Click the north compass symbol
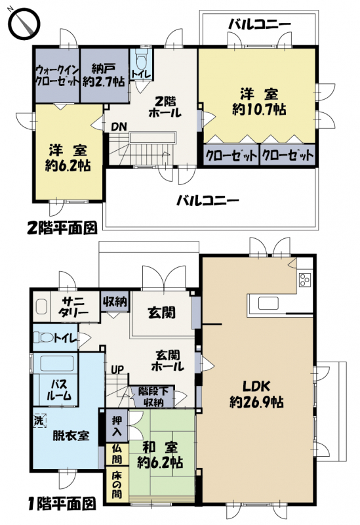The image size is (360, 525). [x=24, y=24]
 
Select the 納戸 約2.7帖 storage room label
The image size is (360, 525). [x=104, y=75]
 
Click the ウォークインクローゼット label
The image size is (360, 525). [x=57, y=76]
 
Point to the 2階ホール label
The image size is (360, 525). [x=165, y=107]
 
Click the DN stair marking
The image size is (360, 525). [x=119, y=127]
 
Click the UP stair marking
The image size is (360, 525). [x=117, y=369]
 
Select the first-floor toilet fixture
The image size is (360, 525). [x=45, y=337]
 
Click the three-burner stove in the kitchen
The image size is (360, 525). [x=304, y=280]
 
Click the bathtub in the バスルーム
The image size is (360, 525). [x=57, y=364]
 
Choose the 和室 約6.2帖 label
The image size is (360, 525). [x=160, y=455]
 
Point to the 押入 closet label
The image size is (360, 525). [x=117, y=425]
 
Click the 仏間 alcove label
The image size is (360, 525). [x=117, y=454]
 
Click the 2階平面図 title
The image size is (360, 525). [x=62, y=228]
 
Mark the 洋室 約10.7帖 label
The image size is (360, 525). [x=259, y=102]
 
